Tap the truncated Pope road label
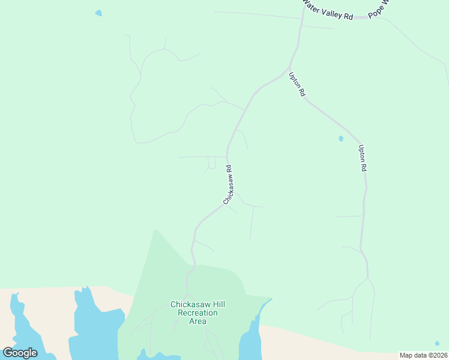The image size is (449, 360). click(x=379, y=10)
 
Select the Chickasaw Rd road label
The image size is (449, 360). click(x=228, y=185)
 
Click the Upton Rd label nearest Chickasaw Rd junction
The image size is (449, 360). click(x=297, y=85)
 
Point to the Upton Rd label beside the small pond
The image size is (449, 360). click(x=362, y=158)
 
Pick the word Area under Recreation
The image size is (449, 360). click(x=198, y=321)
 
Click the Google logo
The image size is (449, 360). click(x=20, y=353)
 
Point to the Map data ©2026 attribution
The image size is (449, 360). click(x=424, y=355)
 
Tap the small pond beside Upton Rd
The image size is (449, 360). click(x=341, y=139)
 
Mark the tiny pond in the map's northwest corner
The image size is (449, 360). click(x=98, y=13)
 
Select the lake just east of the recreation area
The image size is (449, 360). click(x=251, y=336)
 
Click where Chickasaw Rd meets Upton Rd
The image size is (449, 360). click(x=286, y=73)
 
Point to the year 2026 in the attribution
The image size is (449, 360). click(x=439, y=355)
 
